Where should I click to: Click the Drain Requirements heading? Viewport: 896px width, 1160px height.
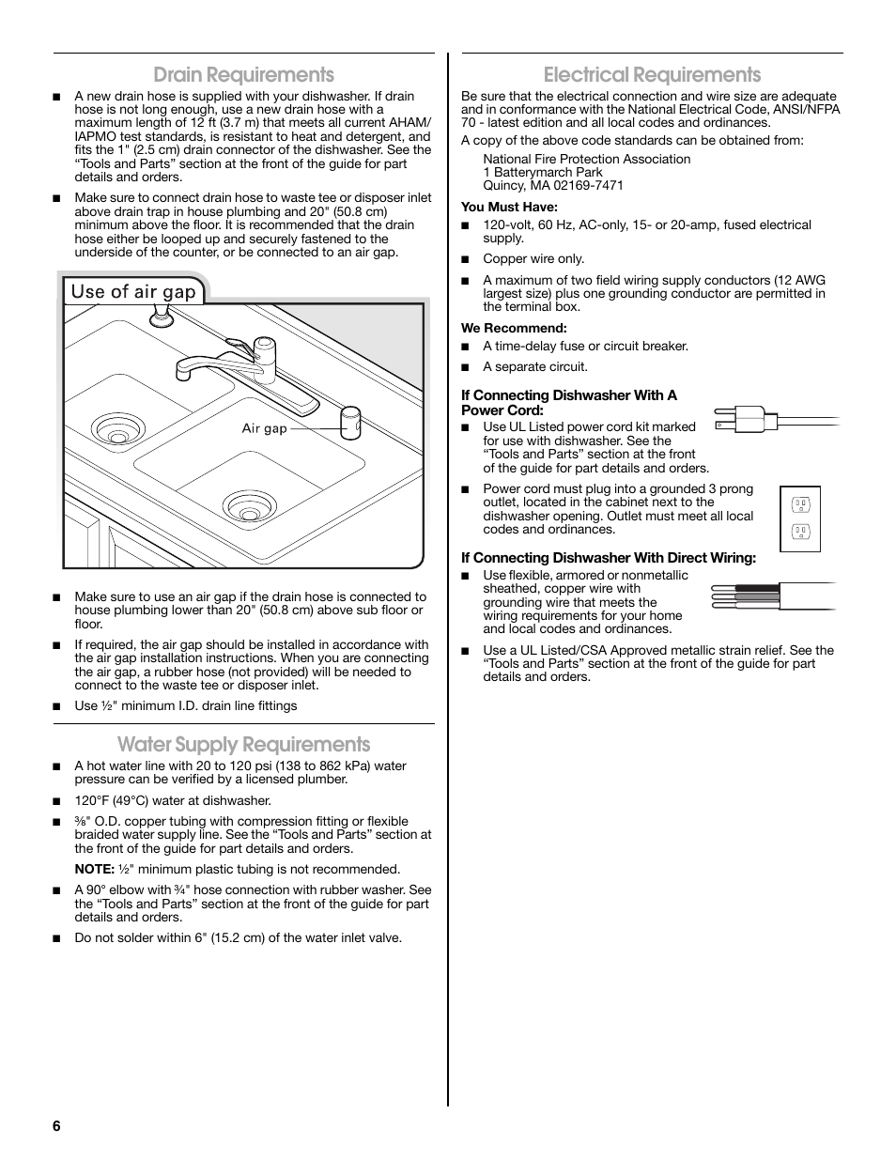243,74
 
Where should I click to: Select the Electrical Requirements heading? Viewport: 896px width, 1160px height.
652,74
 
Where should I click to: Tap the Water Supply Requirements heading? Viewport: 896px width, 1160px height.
243,744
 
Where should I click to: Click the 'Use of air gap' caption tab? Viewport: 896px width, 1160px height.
133,291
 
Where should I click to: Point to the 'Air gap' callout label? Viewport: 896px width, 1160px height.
264,428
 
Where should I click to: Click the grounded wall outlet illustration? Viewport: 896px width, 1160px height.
800,518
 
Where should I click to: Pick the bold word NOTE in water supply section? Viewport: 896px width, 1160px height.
94,869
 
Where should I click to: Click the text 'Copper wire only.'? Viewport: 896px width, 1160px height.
533,258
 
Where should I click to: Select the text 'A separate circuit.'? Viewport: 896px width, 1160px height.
535,366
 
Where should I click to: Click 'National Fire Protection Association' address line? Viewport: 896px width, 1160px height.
586,159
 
